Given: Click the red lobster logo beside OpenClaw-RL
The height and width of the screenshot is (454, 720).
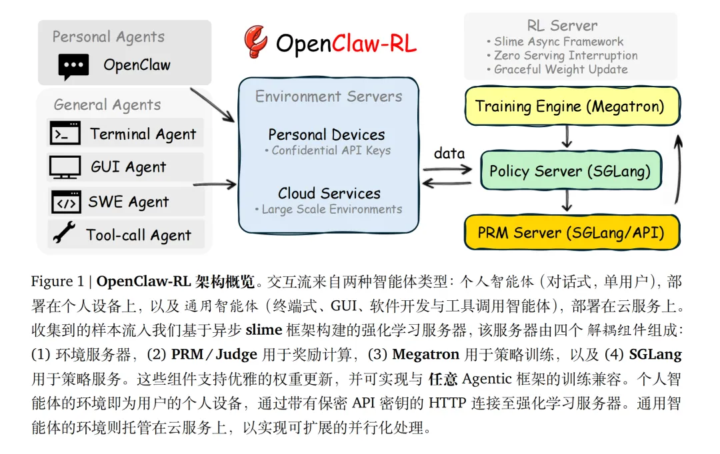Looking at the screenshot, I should (255, 43).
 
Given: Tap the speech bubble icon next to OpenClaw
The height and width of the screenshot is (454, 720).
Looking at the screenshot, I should (73, 67).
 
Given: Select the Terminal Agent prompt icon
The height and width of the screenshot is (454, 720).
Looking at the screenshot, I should (65, 134).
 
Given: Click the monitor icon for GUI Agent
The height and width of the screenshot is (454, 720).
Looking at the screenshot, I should (65, 167).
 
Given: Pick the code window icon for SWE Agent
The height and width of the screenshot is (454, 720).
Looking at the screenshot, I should (65, 202).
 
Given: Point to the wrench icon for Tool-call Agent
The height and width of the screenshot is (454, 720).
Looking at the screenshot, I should (64, 234).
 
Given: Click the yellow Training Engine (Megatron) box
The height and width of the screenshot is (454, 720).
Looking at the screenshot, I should (569, 106).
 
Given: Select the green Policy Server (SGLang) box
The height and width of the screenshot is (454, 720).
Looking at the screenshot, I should (569, 171).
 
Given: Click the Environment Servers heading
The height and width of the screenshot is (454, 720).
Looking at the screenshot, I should (329, 97).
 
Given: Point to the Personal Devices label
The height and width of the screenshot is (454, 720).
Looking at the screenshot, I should (327, 134).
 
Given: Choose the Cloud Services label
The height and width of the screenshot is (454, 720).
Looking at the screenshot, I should (329, 193).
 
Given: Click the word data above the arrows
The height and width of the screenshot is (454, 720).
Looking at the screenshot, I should (449, 153).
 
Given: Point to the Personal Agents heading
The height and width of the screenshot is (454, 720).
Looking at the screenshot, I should (108, 37).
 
